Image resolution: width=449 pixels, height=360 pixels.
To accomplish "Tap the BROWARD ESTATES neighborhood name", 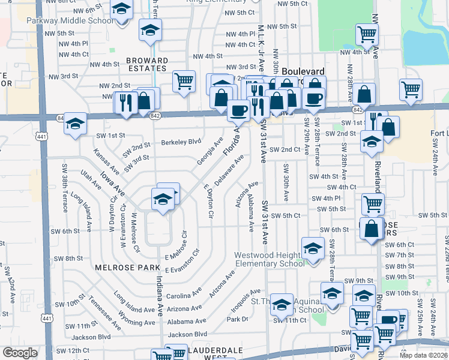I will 147,65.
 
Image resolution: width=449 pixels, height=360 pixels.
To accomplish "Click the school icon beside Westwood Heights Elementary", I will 312,248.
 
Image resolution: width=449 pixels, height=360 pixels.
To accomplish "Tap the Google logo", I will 20,353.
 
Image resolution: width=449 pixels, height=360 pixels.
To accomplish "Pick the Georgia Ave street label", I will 209,154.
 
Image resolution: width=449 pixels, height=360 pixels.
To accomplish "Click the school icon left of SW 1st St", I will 75,124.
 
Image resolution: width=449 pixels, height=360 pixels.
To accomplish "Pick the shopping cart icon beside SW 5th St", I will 373,204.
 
